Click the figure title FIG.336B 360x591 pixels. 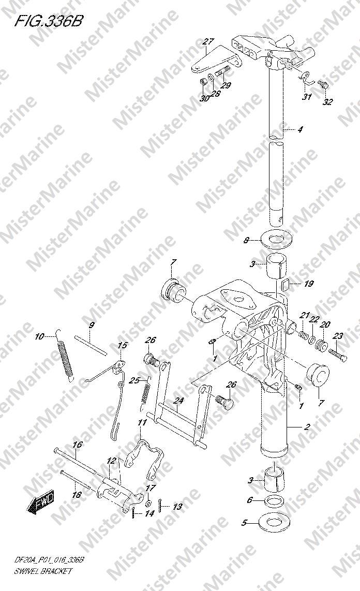(48, 21)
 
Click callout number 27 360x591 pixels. (208, 42)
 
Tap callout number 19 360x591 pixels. (309, 284)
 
